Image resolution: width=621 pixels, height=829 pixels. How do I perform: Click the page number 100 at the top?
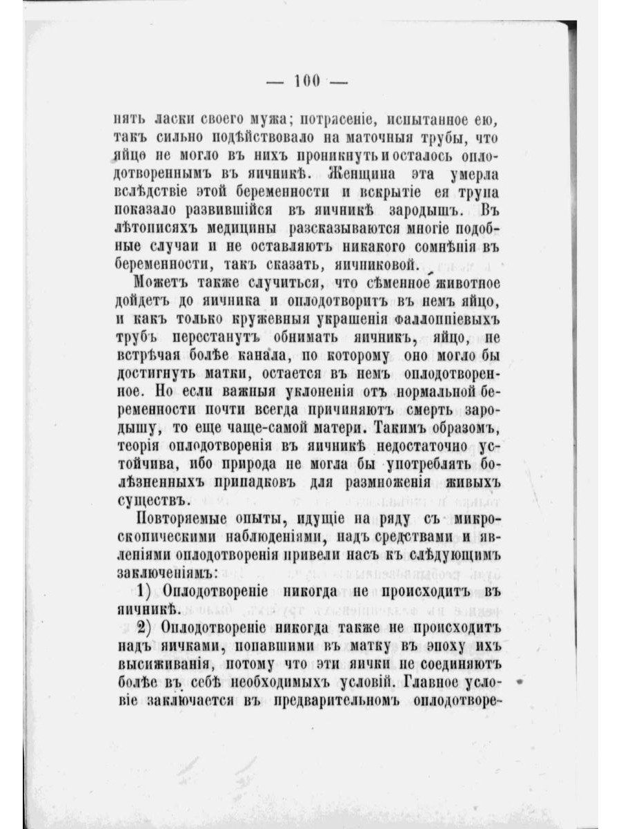[306, 82]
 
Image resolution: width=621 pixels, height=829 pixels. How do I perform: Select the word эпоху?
[451, 646]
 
